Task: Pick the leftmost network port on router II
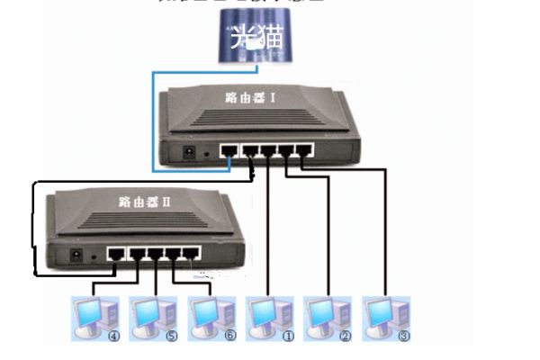pyautogui.click(x=114, y=254)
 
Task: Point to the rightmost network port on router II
pyautogui.click(x=190, y=254)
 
